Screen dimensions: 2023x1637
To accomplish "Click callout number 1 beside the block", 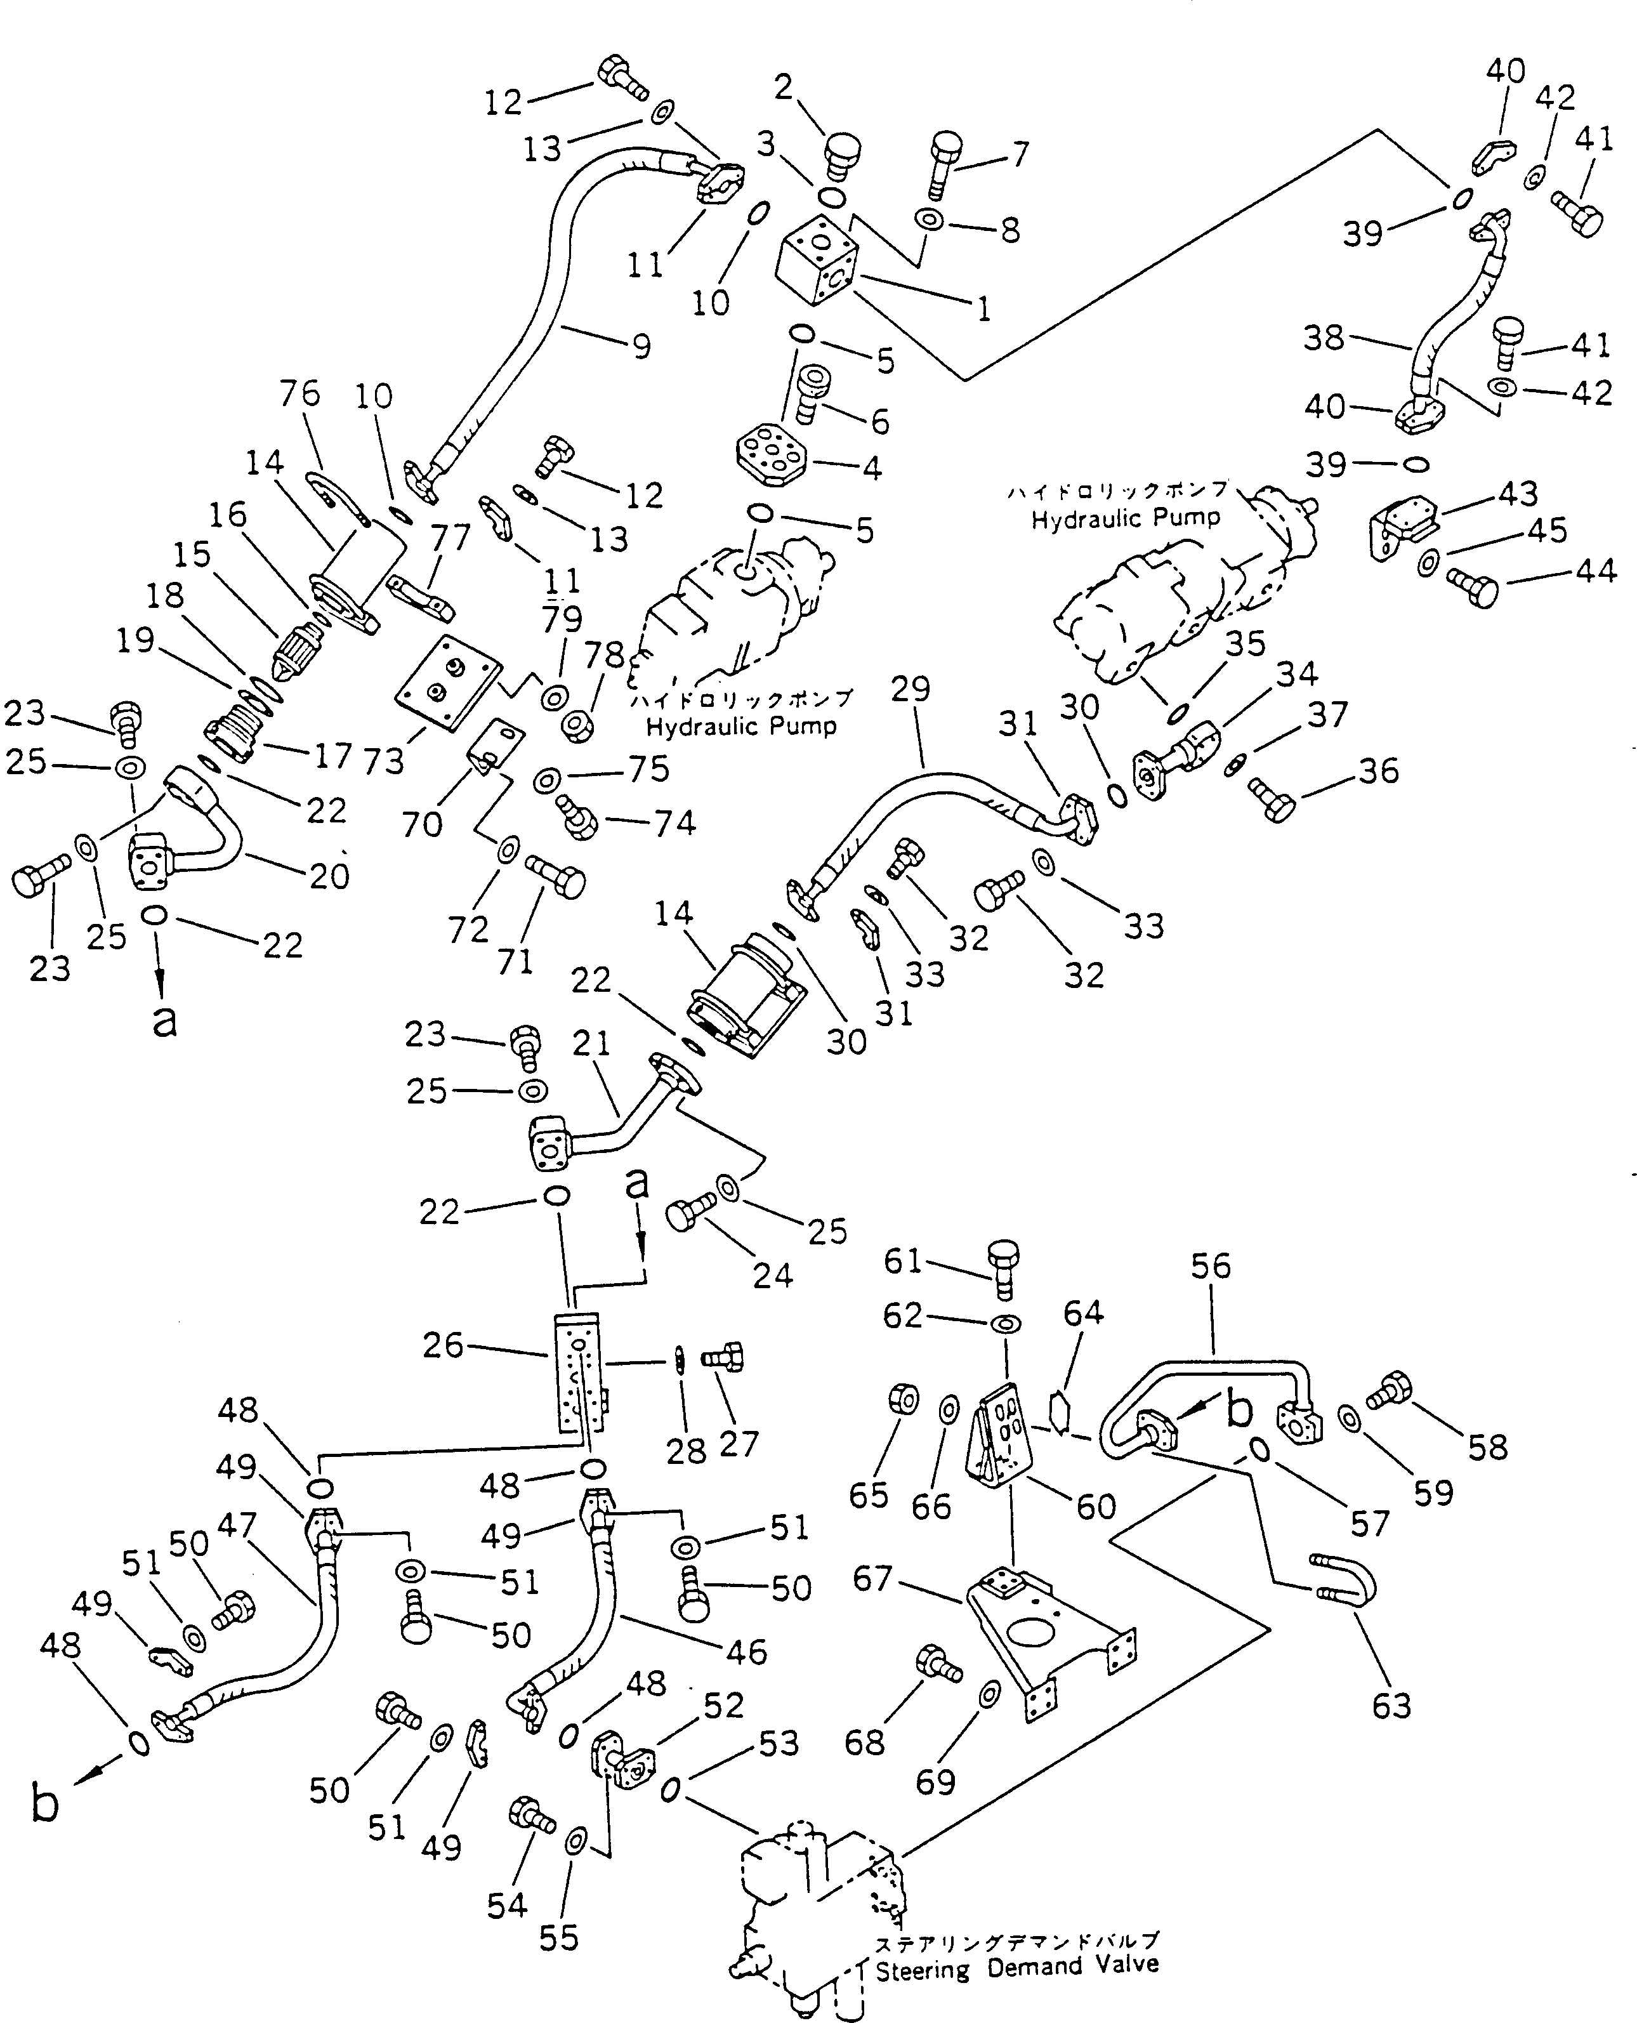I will tap(983, 308).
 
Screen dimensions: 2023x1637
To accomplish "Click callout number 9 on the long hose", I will tap(641, 347).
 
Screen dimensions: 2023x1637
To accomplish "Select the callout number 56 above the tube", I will tap(1210, 1266).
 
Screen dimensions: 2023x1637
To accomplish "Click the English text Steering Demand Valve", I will tap(1016, 1967).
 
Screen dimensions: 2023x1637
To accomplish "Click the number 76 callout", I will tap(300, 394).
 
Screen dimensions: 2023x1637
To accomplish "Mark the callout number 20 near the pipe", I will tap(329, 876).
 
